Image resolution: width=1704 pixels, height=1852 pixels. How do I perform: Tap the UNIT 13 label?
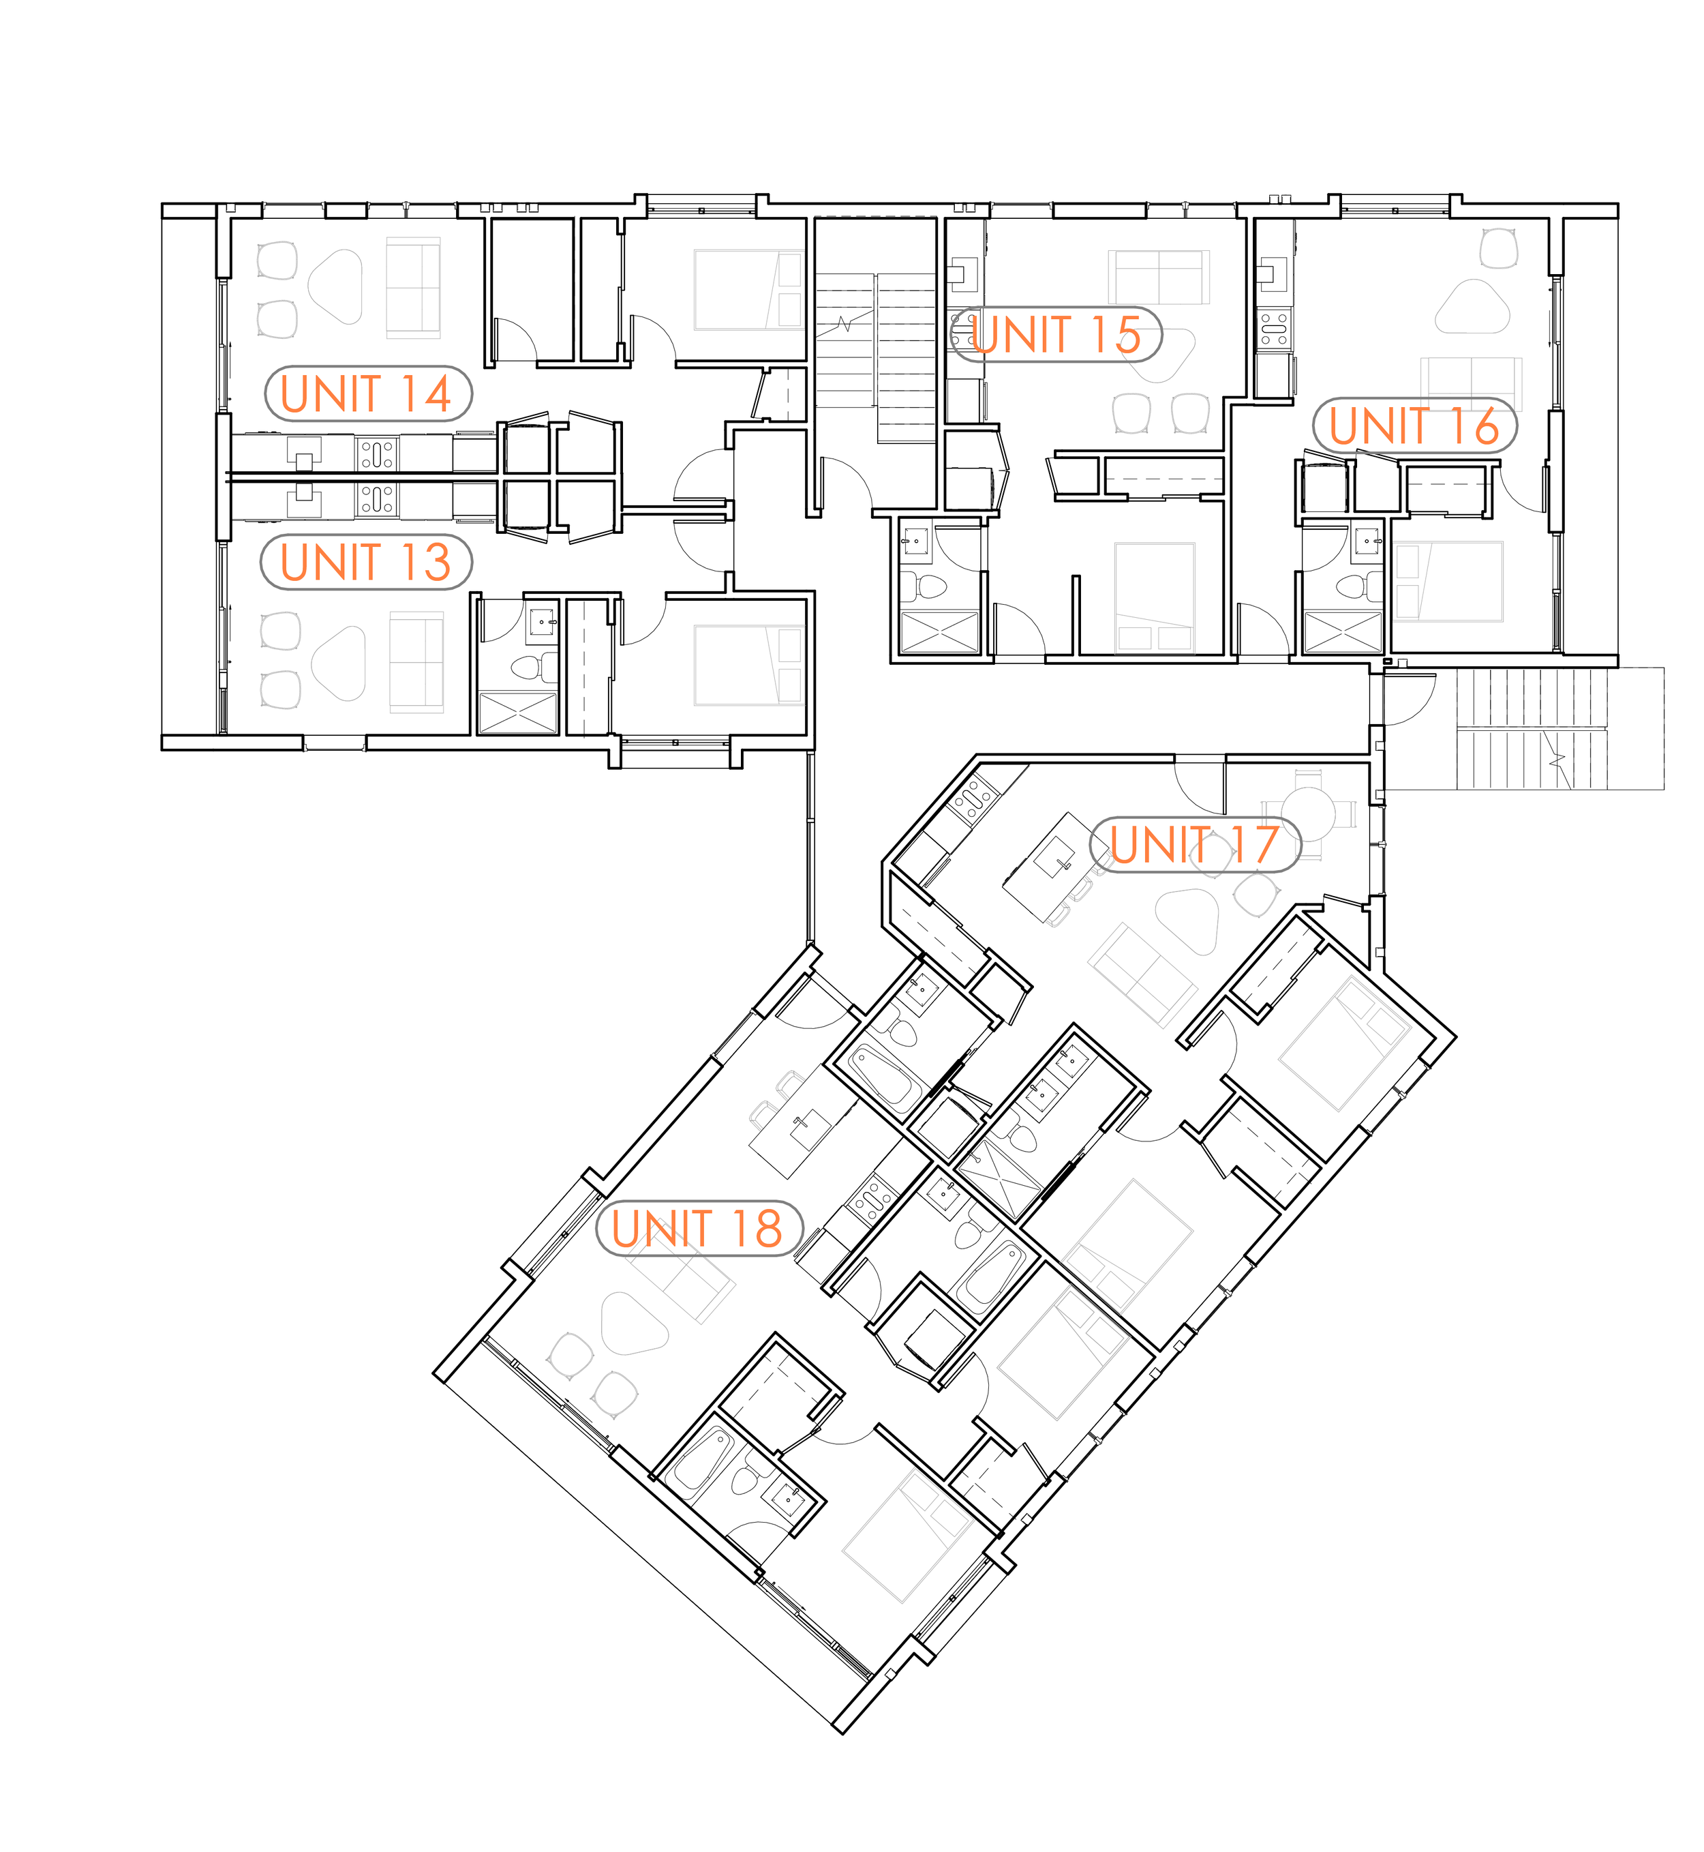[x=366, y=562]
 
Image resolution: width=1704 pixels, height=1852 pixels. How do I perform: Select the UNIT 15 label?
[x=1056, y=334]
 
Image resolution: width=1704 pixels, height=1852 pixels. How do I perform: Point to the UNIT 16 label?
[x=1414, y=425]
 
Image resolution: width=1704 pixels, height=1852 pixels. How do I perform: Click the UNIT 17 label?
[x=1195, y=844]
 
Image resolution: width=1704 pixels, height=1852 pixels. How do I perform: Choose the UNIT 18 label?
[x=698, y=1229]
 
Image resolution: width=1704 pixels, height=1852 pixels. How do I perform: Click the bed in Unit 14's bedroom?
[x=748, y=290]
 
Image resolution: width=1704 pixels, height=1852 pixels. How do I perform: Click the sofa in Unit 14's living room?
[x=413, y=288]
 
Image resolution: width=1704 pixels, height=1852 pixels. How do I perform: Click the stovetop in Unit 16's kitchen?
[x=1275, y=329]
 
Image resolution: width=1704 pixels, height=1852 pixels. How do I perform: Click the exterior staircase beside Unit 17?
[x=1531, y=729]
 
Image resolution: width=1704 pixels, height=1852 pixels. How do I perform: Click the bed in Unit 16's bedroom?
[x=1448, y=581]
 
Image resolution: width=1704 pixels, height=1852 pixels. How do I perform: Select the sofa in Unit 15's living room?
[x=1159, y=277]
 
